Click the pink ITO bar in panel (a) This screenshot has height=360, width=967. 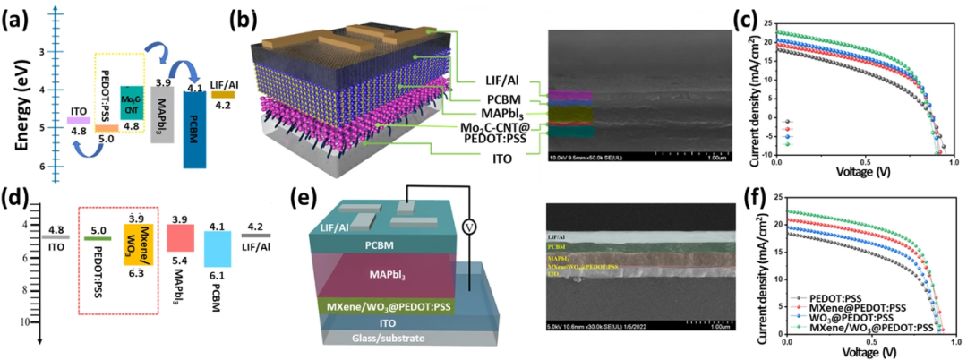point(78,120)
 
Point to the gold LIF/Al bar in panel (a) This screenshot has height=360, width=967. point(223,93)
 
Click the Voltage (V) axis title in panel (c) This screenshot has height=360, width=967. point(867,167)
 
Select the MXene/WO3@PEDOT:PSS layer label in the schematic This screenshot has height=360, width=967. point(386,305)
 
